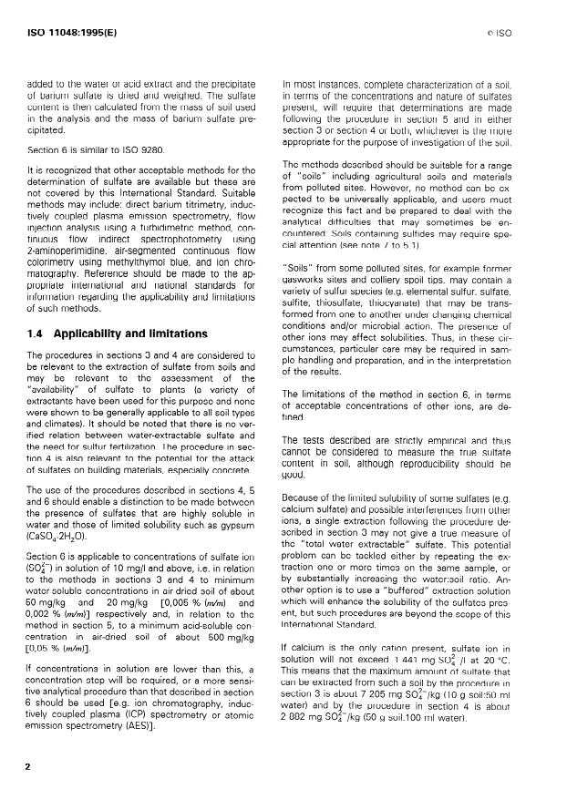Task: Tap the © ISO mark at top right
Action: click(x=526, y=34)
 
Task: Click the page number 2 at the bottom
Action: click(x=30, y=764)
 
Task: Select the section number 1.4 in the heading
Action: click(x=37, y=333)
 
